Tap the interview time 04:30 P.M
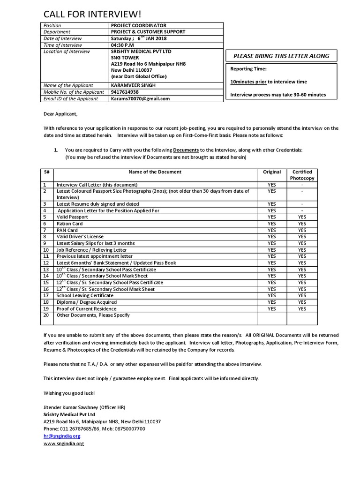click(x=122, y=45)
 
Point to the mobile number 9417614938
click(x=125, y=92)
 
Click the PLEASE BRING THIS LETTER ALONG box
click(x=281, y=56)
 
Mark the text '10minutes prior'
click(x=248, y=82)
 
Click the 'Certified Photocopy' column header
click(x=302, y=175)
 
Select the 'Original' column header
click(x=272, y=172)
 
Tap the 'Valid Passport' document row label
click(x=72, y=217)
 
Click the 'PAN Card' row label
click(x=67, y=230)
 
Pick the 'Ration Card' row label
click(x=69, y=224)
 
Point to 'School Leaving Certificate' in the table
click(x=85, y=295)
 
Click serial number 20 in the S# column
click(x=46, y=315)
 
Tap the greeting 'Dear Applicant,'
click(x=60, y=114)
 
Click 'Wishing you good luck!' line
click(x=69, y=392)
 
